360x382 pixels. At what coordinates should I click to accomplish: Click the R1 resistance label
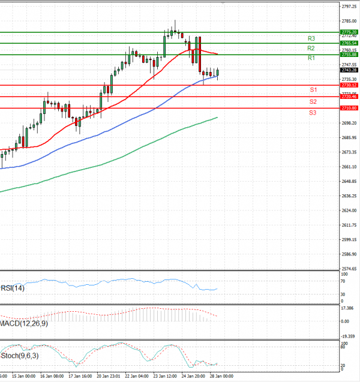[311, 58]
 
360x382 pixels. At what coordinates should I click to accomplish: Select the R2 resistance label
[311, 48]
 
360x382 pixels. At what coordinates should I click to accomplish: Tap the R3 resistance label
[311, 38]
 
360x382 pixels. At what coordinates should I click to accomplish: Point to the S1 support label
[313, 89]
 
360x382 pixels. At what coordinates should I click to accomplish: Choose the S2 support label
[313, 101]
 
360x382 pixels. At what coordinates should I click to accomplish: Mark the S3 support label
[313, 113]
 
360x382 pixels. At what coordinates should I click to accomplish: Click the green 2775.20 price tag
[349, 32]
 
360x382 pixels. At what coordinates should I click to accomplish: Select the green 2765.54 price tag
[349, 43]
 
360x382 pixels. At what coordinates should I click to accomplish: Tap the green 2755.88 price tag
[349, 55]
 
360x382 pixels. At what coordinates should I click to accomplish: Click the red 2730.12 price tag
[349, 85]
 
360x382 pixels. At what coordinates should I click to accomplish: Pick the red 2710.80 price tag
[349, 108]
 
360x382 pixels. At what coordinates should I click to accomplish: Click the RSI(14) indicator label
[13, 288]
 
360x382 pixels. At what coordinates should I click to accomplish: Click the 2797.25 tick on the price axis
[349, 7]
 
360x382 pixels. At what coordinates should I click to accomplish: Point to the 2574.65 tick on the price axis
[349, 269]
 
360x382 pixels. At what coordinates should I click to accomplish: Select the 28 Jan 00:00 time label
[221, 377]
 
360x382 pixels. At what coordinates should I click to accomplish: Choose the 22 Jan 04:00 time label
[137, 377]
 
